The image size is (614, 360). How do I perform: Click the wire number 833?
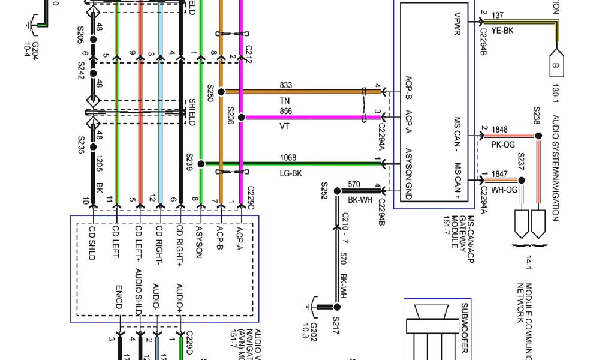tap(285, 86)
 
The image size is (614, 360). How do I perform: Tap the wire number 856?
tap(285, 112)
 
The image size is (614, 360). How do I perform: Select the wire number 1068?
tap(288, 158)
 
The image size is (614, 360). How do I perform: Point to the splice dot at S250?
tap(221, 92)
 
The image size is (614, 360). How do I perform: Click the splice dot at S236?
tap(241, 118)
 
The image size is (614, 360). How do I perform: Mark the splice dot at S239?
tap(201, 164)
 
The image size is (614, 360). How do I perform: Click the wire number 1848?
tap(499, 130)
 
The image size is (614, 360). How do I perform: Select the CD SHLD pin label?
tap(92, 242)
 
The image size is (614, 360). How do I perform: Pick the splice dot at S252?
tap(336, 191)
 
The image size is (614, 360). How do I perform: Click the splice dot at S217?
tap(336, 306)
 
